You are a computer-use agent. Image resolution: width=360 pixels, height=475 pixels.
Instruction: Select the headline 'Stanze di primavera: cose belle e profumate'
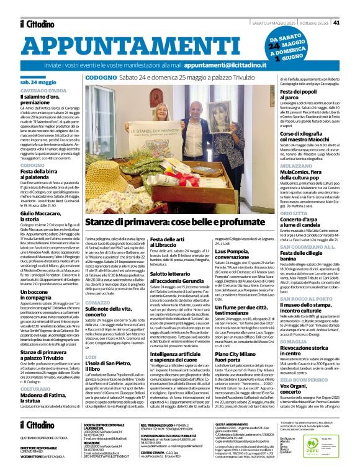[171, 221]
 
